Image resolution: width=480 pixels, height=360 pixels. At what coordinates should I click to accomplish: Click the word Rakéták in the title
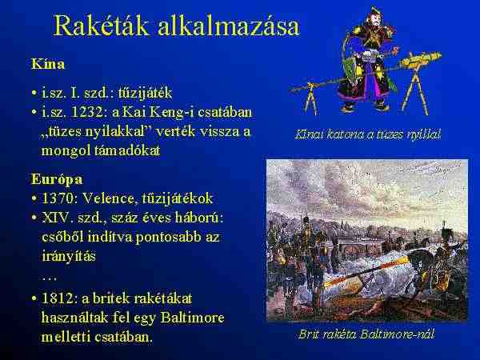click(102, 26)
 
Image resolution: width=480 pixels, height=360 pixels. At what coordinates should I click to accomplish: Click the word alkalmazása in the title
click(228, 26)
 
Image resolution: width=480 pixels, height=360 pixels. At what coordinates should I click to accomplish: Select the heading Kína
click(48, 64)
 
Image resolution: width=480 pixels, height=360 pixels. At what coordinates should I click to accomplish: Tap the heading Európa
click(57, 179)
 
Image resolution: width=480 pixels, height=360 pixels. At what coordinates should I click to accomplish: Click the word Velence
click(108, 198)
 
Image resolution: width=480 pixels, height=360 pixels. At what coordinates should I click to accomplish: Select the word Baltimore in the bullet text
click(192, 318)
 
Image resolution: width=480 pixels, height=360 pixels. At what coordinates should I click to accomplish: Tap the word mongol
click(66, 151)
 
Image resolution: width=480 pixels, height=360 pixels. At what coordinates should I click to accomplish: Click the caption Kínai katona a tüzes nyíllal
click(368, 134)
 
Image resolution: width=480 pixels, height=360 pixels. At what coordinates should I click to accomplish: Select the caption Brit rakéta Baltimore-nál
click(366, 334)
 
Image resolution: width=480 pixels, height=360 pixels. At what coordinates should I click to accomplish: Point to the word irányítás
click(69, 257)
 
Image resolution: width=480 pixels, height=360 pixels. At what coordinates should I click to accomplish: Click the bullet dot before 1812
click(34, 298)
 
